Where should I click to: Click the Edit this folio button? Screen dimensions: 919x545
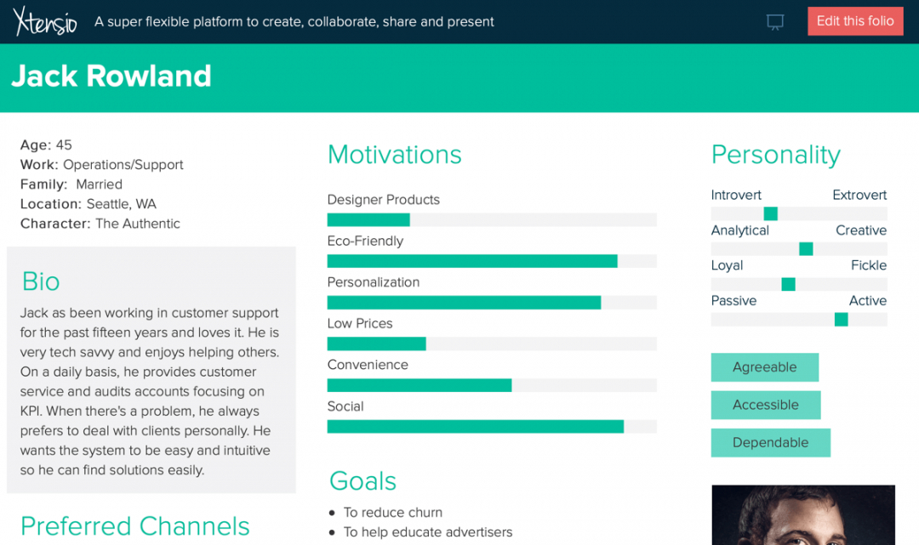click(x=855, y=21)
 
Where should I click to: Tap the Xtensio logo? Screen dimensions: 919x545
click(x=45, y=21)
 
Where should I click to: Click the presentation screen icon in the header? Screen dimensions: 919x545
click(x=775, y=22)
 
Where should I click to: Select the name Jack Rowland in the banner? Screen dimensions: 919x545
click(x=111, y=77)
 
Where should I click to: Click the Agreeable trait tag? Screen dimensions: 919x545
click(x=765, y=367)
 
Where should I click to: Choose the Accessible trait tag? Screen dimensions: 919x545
click(x=766, y=405)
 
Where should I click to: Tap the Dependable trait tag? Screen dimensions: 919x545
click(x=771, y=443)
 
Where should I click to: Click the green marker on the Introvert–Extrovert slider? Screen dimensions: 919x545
click(x=771, y=213)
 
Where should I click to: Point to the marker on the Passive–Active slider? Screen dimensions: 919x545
click(x=841, y=319)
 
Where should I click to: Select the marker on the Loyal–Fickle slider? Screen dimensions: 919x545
click(x=788, y=284)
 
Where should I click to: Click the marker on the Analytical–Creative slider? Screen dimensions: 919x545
click(x=806, y=249)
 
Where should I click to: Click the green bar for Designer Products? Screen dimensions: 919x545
click(x=368, y=219)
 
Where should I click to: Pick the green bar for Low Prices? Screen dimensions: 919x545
click(x=376, y=343)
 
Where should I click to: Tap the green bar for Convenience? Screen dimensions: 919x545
click(x=419, y=385)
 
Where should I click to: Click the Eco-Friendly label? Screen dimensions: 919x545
click(x=365, y=241)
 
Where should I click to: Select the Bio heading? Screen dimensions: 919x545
click(x=41, y=281)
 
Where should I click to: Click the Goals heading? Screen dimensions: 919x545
click(x=362, y=481)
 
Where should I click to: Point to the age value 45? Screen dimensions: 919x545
click(x=64, y=145)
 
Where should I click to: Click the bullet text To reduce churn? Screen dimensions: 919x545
click(x=392, y=512)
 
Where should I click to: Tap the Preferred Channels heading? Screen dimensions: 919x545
click(x=134, y=526)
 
